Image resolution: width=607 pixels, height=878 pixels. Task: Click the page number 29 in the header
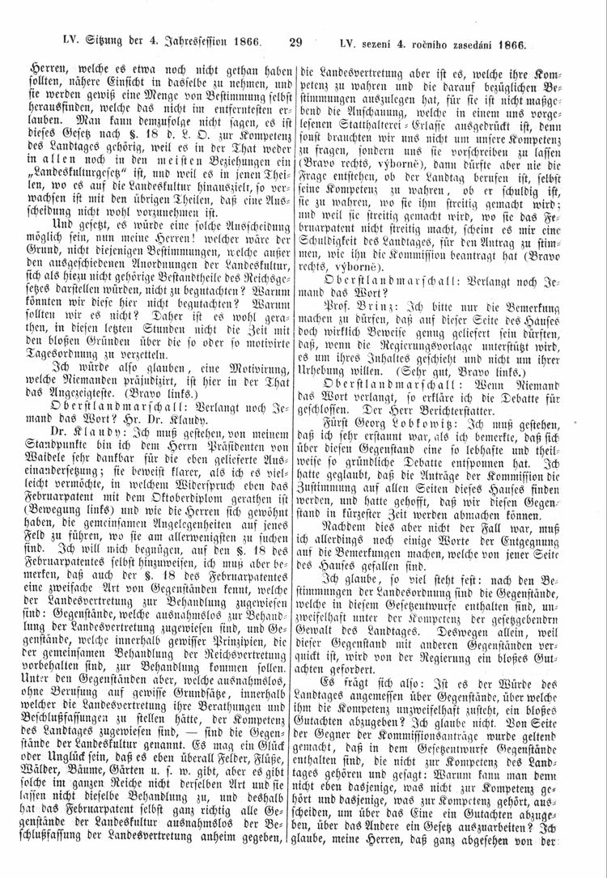coord(294,45)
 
